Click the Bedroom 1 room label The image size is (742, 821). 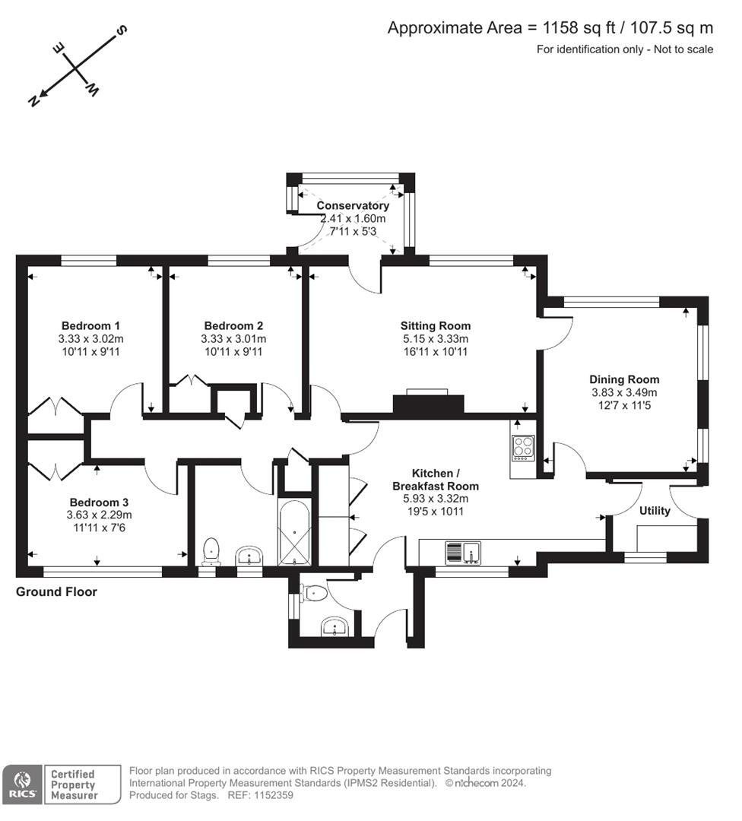coord(90,325)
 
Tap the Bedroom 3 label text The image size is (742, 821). coord(99,502)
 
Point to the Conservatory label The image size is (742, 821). coord(353,205)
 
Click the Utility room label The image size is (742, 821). coord(655,511)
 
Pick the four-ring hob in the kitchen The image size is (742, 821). coord(523,447)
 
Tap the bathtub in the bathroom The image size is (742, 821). coord(295,532)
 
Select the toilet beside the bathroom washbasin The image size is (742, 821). coord(211,551)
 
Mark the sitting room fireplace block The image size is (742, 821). coord(428,404)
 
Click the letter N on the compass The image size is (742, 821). coord(33,101)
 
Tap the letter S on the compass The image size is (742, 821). coord(121,30)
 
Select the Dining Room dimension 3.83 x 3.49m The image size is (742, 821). coord(624,392)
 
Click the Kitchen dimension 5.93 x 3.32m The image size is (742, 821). coord(436,499)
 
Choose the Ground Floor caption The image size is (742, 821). coord(57,591)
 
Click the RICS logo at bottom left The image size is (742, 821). coord(21,785)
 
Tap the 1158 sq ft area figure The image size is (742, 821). coord(571,28)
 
